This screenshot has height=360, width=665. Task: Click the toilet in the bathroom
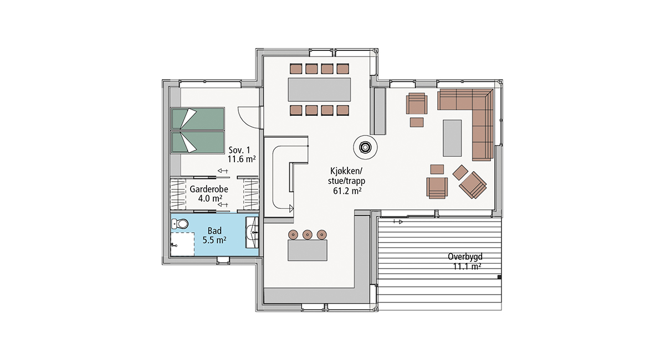click(x=180, y=224)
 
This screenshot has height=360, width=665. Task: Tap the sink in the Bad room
click(x=252, y=233)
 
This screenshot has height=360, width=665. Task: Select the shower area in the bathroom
click(x=182, y=244)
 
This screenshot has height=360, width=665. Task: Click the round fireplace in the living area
click(x=365, y=147)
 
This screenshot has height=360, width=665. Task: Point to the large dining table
click(x=319, y=90)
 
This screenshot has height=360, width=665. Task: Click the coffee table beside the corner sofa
click(x=452, y=138)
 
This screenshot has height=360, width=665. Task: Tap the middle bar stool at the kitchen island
click(x=307, y=234)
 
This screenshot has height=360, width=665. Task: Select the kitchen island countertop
click(x=307, y=250)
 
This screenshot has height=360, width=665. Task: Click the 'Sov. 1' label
click(x=239, y=150)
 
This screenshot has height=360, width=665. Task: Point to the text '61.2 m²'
click(x=347, y=191)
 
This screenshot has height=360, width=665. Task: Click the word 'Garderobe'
click(x=209, y=189)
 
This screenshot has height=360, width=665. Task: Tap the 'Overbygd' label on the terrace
click(x=465, y=256)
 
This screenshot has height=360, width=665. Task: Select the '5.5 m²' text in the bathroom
click(x=214, y=240)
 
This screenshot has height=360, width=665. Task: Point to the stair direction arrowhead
click(x=291, y=209)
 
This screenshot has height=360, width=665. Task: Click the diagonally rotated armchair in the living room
click(x=473, y=185)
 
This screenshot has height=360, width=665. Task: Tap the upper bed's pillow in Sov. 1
click(x=190, y=118)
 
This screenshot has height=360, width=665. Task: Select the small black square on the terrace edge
click(x=499, y=277)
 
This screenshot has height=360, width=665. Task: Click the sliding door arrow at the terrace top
click(x=398, y=222)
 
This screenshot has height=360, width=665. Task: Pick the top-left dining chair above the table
click(x=296, y=69)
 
